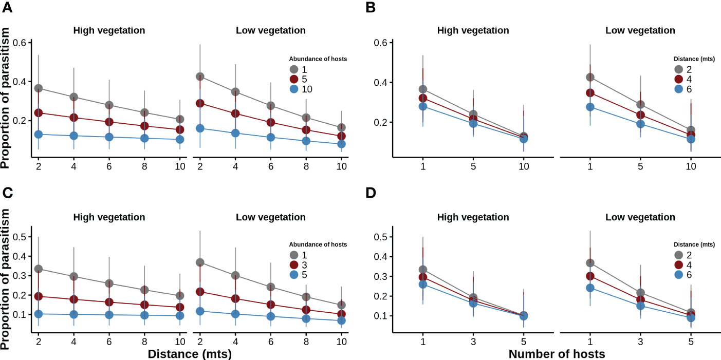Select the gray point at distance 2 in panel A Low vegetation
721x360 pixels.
point(200,77)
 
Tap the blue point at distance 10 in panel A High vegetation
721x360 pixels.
point(180,139)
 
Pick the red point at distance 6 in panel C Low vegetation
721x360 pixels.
point(270,304)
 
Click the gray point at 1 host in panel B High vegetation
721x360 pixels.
point(422,89)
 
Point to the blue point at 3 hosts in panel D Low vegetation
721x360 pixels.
point(640,306)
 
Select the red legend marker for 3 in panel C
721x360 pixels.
point(293,265)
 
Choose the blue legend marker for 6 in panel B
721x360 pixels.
point(679,89)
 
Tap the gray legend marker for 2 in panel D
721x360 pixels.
point(679,255)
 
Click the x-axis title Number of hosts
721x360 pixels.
point(557,354)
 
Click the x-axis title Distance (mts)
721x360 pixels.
point(190,354)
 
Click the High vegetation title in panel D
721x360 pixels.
point(473,217)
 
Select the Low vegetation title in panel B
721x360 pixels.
point(640,30)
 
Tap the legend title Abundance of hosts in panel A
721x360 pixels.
point(318,59)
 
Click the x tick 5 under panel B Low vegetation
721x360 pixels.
point(640,167)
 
